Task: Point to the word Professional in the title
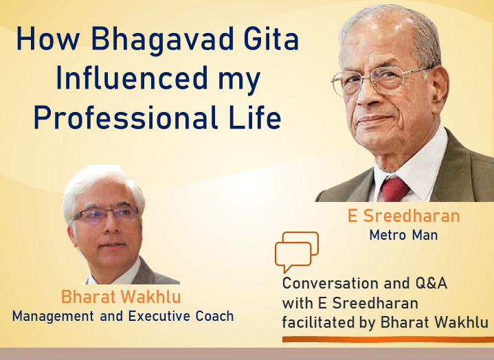click(126, 117)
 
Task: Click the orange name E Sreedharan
click(403, 216)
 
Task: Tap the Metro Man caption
click(403, 235)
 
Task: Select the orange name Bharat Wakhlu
click(121, 297)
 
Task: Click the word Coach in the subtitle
click(214, 316)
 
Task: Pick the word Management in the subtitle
click(53, 317)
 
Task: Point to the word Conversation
click(331, 283)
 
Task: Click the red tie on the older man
click(395, 190)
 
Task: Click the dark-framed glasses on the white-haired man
click(106, 216)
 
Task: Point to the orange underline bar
click(388, 339)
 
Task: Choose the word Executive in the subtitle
click(159, 316)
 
